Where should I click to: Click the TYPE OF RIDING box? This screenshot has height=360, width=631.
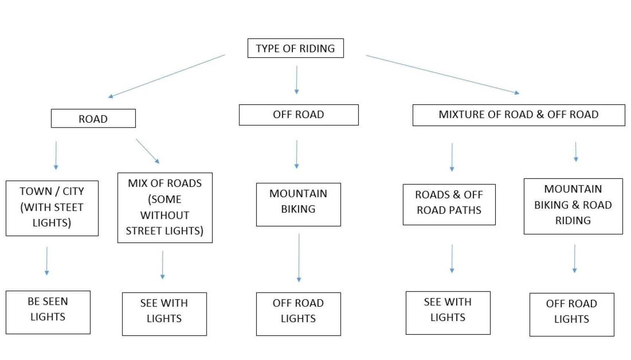coord(295,48)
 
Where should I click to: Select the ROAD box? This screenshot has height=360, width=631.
coord(93,118)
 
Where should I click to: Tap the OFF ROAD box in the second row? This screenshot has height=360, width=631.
coord(298,115)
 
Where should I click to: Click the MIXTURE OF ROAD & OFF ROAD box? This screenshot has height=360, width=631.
coord(518,115)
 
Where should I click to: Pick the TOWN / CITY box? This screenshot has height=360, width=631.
coord(52,208)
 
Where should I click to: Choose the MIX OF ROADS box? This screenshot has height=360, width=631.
coord(165,207)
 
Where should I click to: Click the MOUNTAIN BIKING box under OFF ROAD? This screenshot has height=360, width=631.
coord(298,204)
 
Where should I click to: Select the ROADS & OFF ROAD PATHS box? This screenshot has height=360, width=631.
coord(449,204)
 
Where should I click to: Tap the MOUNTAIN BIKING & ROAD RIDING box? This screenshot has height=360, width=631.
coord(573,206)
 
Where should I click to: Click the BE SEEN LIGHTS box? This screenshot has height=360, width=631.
coord(48,312)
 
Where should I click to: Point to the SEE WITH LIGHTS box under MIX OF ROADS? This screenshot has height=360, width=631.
coord(164,314)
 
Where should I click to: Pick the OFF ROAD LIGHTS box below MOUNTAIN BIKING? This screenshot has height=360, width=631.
coord(298,314)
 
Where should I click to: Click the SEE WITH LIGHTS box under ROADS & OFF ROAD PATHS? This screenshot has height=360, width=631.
coord(448,312)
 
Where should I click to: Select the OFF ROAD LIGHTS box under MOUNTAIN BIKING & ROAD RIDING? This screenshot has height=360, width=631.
coord(571,314)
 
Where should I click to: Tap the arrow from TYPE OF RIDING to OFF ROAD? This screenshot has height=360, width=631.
coord(297,79)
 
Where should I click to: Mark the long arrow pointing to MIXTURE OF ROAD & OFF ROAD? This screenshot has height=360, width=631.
coord(442,74)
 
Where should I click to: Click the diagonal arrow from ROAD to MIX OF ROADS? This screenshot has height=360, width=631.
coord(147,151)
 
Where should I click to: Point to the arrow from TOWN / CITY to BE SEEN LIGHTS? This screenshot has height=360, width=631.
coord(47,261)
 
